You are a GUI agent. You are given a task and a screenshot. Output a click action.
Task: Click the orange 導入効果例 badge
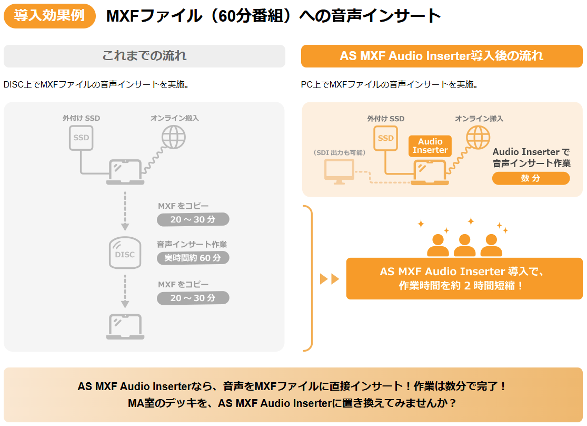pyautogui.click(x=49, y=16)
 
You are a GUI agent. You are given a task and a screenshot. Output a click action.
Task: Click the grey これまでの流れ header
pyautogui.click(x=144, y=56)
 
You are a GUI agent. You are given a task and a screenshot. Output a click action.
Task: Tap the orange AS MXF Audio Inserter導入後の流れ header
pyautogui.click(x=442, y=56)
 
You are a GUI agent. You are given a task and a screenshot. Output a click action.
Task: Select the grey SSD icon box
pyautogui.click(x=81, y=138)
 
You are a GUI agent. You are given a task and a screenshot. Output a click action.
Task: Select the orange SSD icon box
pyautogui.click(x=386, y=138)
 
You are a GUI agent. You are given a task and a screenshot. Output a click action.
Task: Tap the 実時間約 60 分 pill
pyautogui.click(x=193, y=258)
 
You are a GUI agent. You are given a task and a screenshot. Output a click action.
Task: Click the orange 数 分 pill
pyautogui.click(x=531, y=178)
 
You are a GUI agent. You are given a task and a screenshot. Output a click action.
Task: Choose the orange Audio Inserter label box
pyautogui.click(x=430, y=146)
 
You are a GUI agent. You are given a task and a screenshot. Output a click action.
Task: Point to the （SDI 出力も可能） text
pyautogui.click(x=339, y=152)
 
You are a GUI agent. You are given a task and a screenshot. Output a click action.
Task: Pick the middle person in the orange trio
pyautogui.click(x=464, y=245)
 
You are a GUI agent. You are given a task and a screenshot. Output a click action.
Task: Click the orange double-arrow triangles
pyautogui.click(x=330, y=279)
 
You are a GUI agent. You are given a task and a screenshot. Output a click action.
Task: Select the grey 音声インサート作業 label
pyautogui.click(x=192, y=245)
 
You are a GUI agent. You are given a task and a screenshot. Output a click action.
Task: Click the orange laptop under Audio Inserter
pyautogui.click(x=430, y=172)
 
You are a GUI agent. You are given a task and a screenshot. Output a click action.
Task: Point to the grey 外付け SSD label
pyautogui.click(x=81, y=118)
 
